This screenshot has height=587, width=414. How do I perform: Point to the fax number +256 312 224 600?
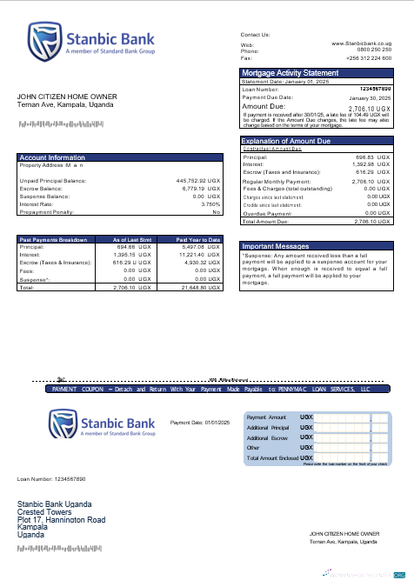pyautogui.click(x=370, y=57)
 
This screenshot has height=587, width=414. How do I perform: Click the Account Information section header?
pyautogui.click(x=52, y=157)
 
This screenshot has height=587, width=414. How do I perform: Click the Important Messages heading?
pyautogui.click(x=277, y=246)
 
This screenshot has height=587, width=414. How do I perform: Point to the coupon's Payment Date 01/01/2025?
pyautogui.click(x=199, y=422)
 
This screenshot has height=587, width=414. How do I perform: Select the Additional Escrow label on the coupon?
pyautogui.click(x=269, y=437)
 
